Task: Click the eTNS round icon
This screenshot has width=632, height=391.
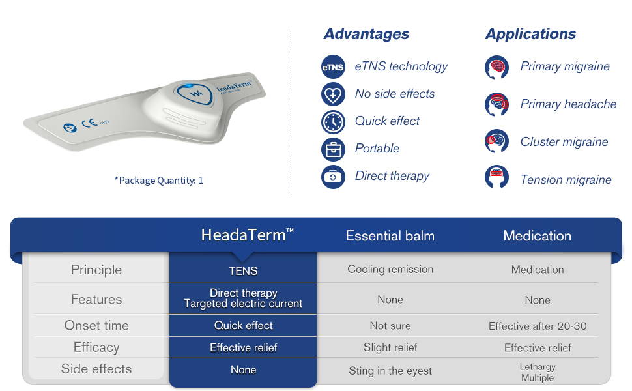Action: click(x=333, y=67)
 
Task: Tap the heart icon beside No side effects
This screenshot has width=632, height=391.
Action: click(x=333, y=94)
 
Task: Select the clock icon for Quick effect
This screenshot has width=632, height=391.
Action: click(x=333, y=122)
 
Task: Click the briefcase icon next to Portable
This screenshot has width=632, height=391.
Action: click(x=333, y=149)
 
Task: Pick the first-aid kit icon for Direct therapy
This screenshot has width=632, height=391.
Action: click(x=333, y=177)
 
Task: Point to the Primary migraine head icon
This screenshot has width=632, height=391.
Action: click(x=496, y=67)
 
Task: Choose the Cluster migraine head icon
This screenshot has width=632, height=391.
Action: click(x=496, y=141)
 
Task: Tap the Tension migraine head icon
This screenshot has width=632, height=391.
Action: click(x=496, y=177)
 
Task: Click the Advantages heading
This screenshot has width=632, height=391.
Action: click(x=366, y=34)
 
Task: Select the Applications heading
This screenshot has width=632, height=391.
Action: click(x=530, y=35)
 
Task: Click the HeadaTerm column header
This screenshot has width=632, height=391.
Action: click(x=247, y=235)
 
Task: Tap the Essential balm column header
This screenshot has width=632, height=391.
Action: click(x=390, y=236)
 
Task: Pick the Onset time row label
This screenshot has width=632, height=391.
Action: click(x=96, y=325)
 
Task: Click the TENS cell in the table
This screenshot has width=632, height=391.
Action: click(x=243, y=271)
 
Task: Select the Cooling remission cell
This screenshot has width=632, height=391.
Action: click(x=390, y=269)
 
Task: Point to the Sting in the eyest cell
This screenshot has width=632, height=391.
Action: click(x=390, y=371)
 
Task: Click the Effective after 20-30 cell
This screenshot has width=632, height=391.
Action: click(x=538, y=326)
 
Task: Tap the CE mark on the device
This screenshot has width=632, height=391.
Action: click(x=89, y=123)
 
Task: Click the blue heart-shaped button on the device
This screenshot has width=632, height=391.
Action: click(x=195, y=94)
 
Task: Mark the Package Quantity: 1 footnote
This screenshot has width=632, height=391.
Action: click(x=159, y=180)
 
